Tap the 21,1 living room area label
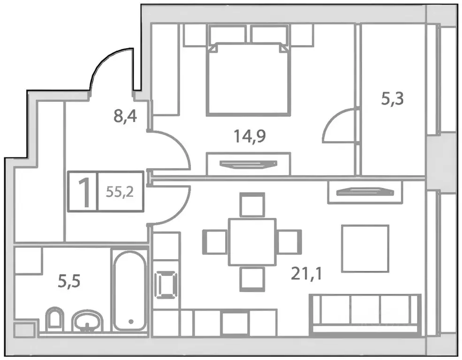306,273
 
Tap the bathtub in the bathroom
130,291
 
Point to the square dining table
252,241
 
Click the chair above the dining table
252,204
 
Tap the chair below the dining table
252,278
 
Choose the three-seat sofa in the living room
365,312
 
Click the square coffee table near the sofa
365,248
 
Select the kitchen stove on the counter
166,284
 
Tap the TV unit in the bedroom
248,163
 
